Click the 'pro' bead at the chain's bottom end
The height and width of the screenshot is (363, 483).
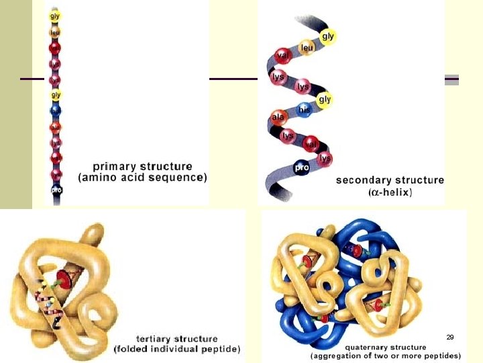56,190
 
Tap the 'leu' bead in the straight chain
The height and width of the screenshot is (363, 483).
56,31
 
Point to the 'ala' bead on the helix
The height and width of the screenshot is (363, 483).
278,118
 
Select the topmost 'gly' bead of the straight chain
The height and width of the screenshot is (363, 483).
56,14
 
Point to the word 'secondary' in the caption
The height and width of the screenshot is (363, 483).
364,180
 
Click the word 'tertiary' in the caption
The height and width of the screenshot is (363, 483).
158,339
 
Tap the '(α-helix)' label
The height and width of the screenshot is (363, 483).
390,192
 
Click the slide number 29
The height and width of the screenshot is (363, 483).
450,337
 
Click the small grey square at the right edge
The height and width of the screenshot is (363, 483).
452,79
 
